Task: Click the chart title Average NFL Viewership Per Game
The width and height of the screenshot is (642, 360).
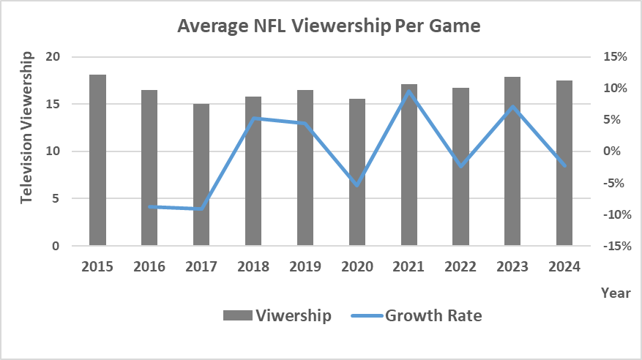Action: tap(329, 27)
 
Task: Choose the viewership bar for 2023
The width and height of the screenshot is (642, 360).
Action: tap(512, 161)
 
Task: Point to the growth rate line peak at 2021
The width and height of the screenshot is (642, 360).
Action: tap(409, 91)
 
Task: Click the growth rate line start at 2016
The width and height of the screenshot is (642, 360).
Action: tap(149, 206)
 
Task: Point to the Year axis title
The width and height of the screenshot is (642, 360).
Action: tap(615, 293)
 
